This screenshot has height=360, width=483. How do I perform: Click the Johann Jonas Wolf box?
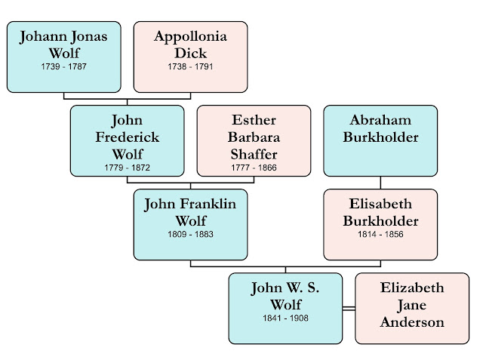coord(63,56)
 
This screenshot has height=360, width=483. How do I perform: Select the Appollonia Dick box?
coord(190,56)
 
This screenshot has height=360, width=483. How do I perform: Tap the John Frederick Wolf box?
coord(127,140)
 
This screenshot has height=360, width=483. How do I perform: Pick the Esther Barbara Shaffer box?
coord(254,140)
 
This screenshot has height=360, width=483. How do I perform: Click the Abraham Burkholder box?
coord(380,140)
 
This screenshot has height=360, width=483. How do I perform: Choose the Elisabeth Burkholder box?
coord(380,224)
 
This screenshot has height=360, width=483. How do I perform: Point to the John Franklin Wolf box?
coord(190,224)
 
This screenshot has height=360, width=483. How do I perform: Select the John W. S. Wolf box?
coord(286,308)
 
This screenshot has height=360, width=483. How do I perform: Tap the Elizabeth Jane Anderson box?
coord(412,308)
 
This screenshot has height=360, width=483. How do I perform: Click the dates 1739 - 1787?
coord(63,67)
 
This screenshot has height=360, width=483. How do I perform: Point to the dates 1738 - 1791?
coord(190,67)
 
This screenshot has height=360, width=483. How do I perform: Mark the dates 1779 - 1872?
coord(127,167)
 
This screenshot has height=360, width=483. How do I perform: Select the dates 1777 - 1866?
coord(254,167)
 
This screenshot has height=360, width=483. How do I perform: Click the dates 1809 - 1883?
coord(190,235)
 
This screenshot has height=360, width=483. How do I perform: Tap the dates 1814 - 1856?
coord(380,235)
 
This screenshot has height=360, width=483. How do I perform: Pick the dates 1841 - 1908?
coord(286,318)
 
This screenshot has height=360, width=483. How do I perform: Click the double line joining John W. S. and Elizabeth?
coord(349,309)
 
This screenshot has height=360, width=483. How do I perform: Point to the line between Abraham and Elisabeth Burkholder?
coord(380,183)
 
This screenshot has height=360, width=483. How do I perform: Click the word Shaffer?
coord(254,153)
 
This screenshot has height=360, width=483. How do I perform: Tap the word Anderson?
coord(412,322)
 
